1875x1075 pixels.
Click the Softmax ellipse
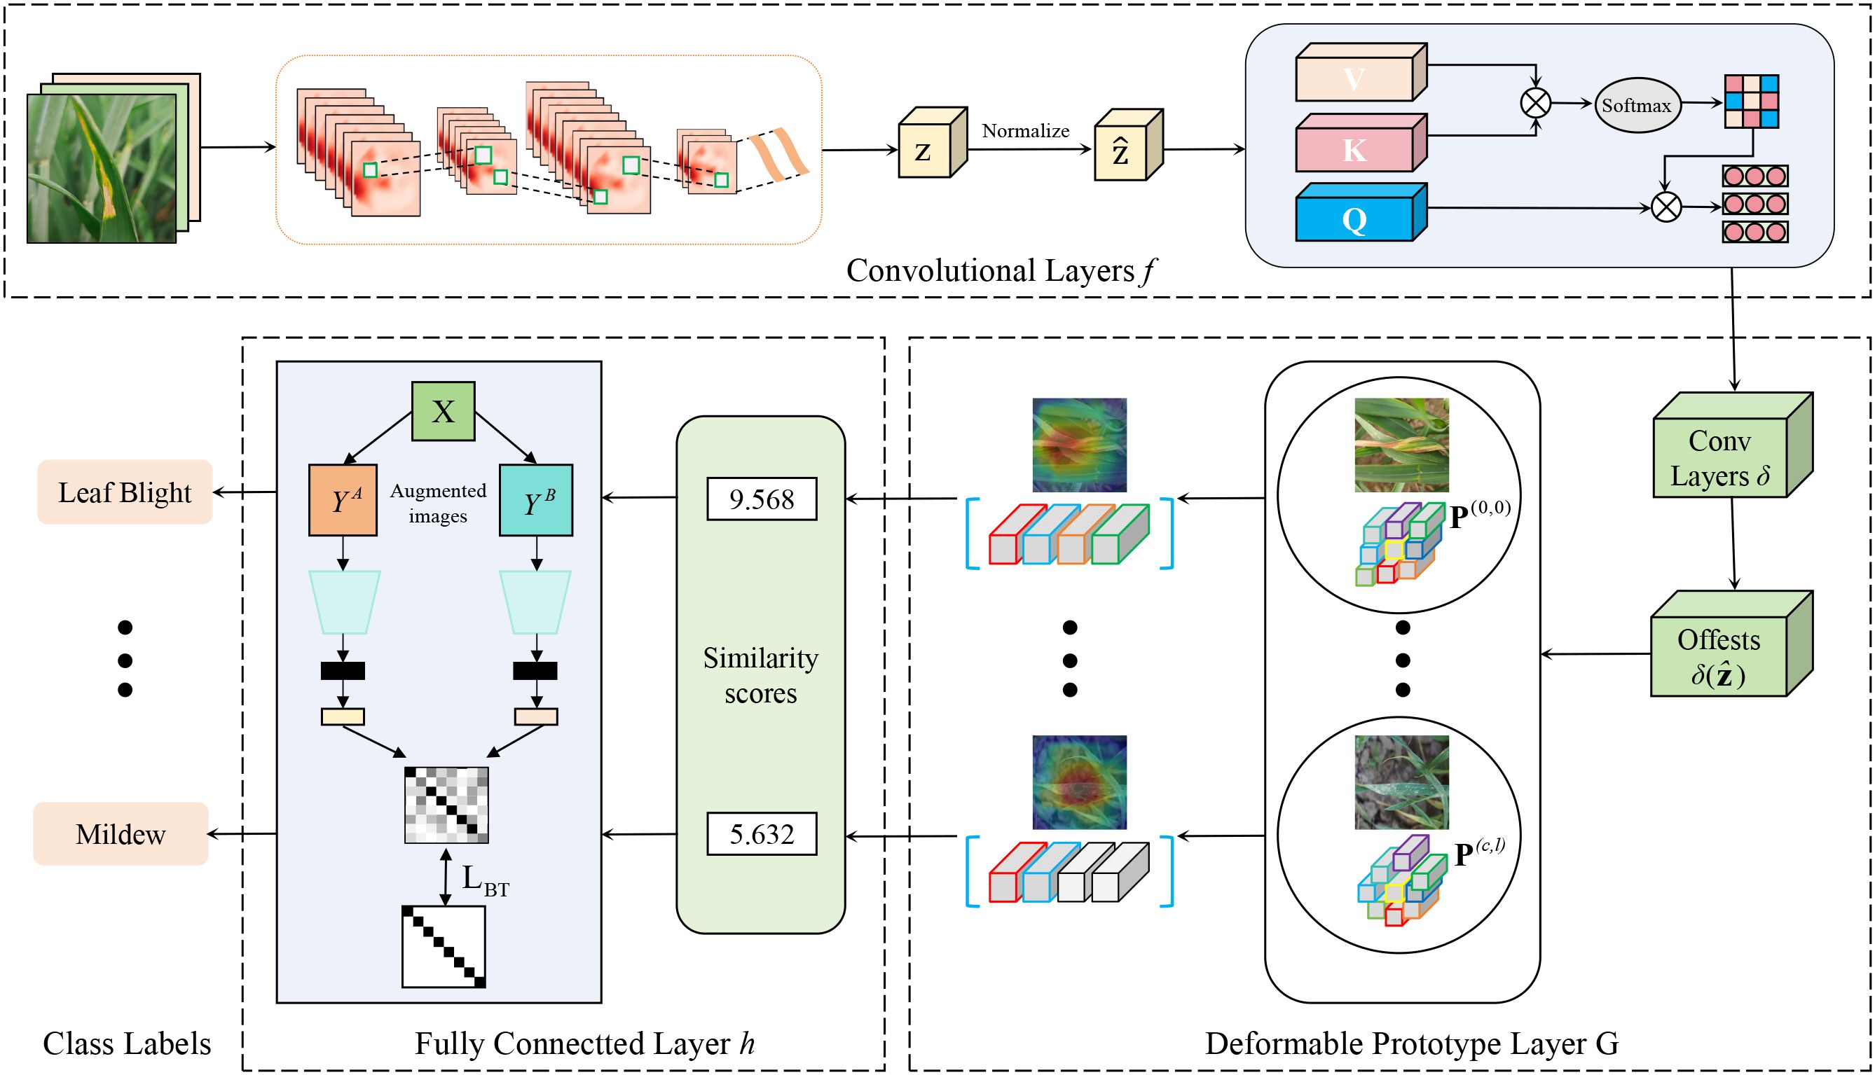tap(1637, 106)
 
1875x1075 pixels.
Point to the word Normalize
tap(1025, 131)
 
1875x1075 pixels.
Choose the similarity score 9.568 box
tap(762, 499)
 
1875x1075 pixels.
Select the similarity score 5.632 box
tap(762, 833)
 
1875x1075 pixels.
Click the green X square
tap(443, 411)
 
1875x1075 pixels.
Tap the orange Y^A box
tap(343, 500)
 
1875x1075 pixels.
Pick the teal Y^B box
tap(536, 500)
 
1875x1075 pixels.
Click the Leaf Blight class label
tap(125, 492)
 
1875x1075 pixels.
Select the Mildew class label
tap(121, 833)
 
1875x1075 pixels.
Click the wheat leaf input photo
tap(101, 168)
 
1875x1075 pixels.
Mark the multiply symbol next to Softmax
tap(1535, 103)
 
